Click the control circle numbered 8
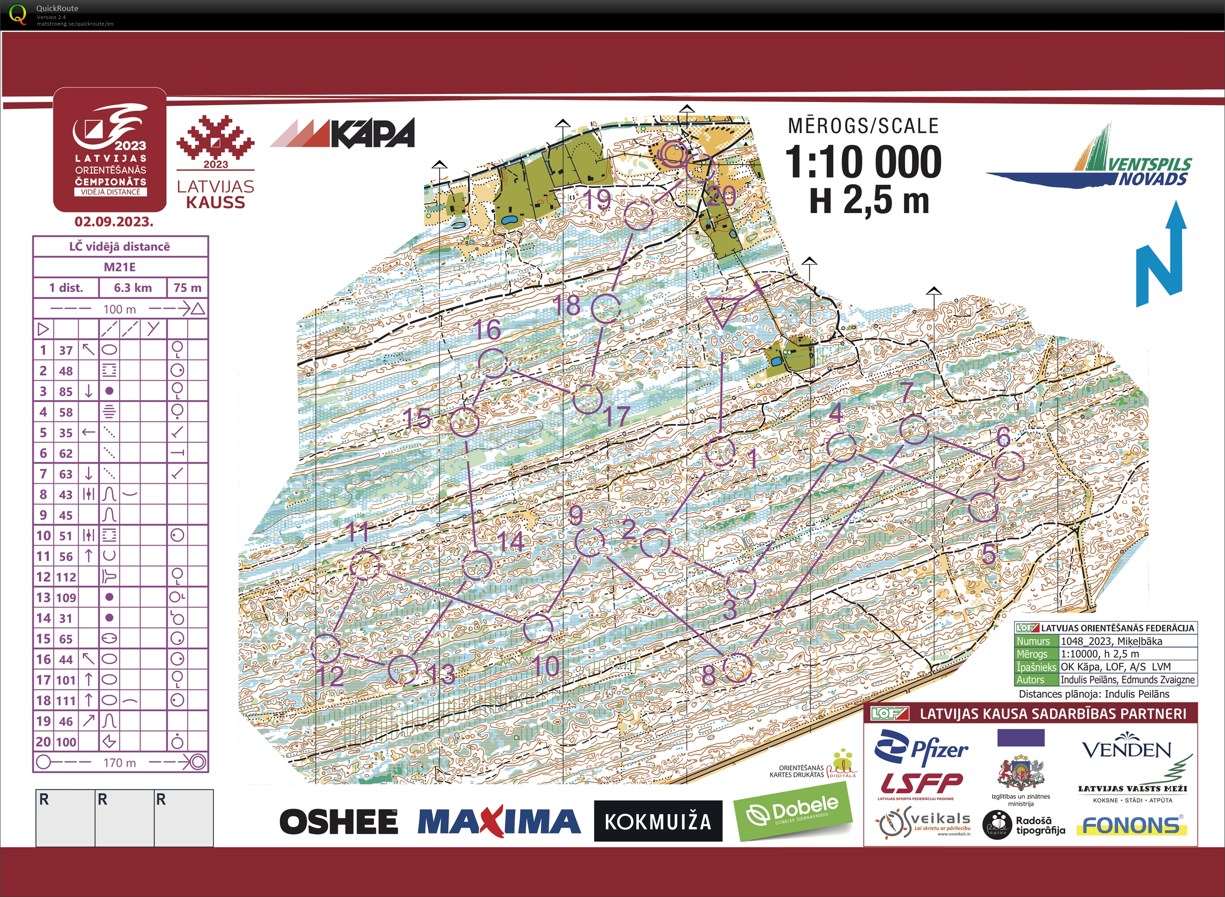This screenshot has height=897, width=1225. (x=738, y=667)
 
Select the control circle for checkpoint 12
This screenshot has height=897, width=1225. (x=326, y=648)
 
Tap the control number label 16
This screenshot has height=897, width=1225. (x=487, y=330)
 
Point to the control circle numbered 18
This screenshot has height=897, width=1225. (x=606, y=309)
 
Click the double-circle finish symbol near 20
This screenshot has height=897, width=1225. (x=673, y=155)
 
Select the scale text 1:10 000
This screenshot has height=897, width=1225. (x=863, y=162)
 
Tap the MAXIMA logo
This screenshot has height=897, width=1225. (x=499, y=821)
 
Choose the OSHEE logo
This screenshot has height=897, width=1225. (x=339, y=821)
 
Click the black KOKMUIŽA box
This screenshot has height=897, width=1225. (x=658, y=821)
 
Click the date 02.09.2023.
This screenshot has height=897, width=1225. (x=114, y=222)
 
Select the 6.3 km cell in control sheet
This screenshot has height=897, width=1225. (x=133, y=288)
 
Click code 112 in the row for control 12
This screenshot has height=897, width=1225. (x=66, y=577)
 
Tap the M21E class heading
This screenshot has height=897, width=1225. (x=120, y=267)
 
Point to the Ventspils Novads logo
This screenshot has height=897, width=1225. (x=1097, y=163)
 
